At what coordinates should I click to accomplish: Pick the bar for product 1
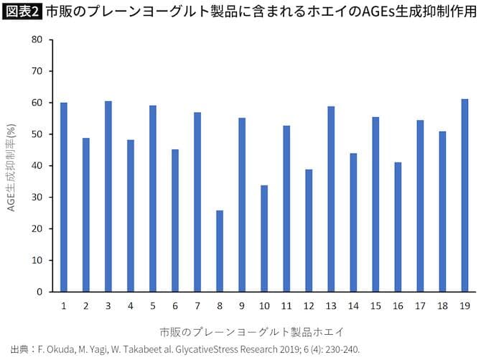64,197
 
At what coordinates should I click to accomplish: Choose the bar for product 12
309,231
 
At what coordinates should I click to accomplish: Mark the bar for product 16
398,227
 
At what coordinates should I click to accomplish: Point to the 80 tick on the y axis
37,40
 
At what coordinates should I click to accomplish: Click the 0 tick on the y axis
39,292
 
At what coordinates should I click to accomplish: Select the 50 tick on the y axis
37,134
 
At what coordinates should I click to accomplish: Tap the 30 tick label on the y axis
37,198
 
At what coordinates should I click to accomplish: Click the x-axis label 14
353,305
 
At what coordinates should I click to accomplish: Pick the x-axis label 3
108,305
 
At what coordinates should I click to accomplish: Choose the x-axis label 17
420,305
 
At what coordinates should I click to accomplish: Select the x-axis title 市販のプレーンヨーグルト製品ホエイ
251,332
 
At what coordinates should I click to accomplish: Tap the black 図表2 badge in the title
22,12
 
